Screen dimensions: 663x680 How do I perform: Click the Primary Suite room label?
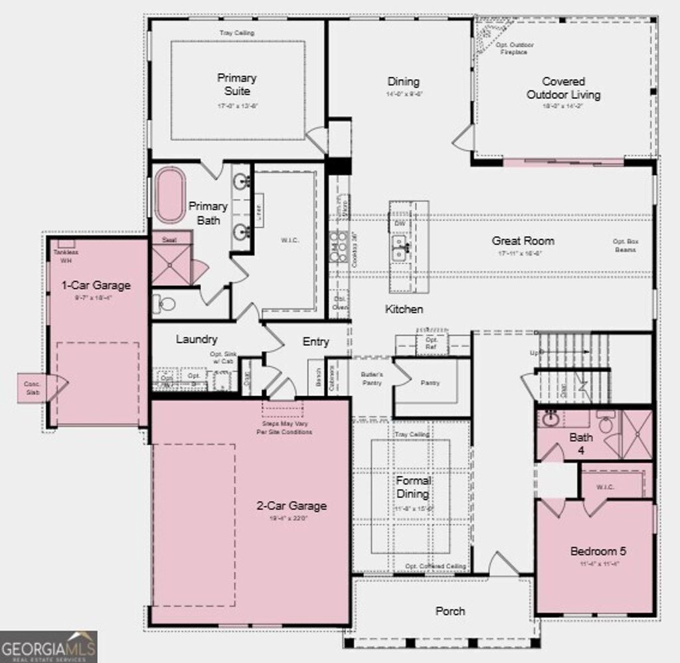point(237,84)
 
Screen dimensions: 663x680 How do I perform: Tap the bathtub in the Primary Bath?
point(170,194)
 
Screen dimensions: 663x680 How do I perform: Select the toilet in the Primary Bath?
point(164,305)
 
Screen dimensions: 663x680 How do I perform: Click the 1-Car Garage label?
point(96,285)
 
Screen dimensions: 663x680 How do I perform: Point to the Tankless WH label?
point(65,257)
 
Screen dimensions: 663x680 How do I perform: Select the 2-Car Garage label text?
point(292,506)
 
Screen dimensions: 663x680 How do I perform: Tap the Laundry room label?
point(197,339)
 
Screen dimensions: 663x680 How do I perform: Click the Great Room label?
point(523,241)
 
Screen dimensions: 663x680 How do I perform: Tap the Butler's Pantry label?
point(372,378)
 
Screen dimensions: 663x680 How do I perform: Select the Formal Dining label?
point(412,487)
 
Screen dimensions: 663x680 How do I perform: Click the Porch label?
point(450,611)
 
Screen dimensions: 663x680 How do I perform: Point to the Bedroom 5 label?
point(598,551)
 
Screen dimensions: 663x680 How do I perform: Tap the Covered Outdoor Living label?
point(563,88)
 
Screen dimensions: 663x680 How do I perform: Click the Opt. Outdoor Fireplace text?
point(515,48)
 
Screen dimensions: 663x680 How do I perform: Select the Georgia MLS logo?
point(48,646)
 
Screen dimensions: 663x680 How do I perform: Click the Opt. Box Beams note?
point(625,246)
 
